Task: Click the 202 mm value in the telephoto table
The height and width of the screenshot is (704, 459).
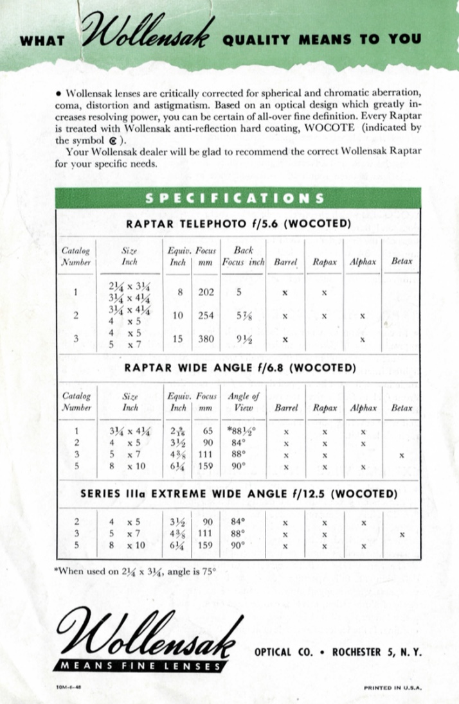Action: [x=206, y=292]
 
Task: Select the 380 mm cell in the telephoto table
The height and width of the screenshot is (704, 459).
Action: [x=206, y=339]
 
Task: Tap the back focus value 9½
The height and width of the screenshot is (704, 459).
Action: [x=242, y=339]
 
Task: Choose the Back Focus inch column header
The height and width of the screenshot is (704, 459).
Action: [x=243, y=256]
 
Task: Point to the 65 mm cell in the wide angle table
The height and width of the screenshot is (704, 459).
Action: [x=206, y=431]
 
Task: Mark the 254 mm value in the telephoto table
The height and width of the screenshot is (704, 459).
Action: [x=206, y=315]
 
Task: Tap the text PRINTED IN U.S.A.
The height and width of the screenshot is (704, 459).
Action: [x=393, y=687]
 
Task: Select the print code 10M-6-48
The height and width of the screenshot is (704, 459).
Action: [x=68, y=687]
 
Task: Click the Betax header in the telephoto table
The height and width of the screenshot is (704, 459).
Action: [x=402, y=261]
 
